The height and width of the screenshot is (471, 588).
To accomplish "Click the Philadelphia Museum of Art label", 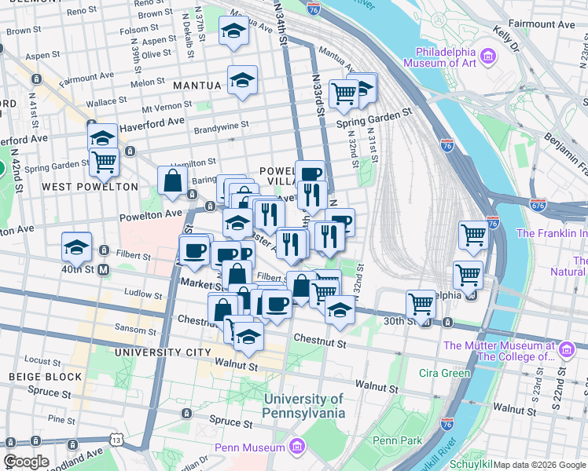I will (x=441, y=64).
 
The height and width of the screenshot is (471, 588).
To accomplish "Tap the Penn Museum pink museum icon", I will (x=296, y=447).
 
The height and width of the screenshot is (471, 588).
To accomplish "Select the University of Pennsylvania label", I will (x=304, y=406).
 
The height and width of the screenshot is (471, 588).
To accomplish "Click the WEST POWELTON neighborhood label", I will (x=90, y=187).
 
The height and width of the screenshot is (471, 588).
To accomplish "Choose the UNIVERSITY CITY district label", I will (x=164, y=352).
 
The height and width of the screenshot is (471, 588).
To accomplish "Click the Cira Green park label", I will (x=444, y=372).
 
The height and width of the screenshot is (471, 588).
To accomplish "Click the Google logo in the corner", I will (x=26, y=462).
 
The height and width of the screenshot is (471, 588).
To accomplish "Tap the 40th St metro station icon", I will (x=104, y=269).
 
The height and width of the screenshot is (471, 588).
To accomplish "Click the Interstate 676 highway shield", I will (x=538, y=206).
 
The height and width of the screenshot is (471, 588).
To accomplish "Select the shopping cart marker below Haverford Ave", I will (x=104, y=162).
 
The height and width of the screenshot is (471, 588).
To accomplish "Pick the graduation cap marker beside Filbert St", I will (x=77, y=246).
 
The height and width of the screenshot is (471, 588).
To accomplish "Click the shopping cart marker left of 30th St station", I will (x=421, y=304).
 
